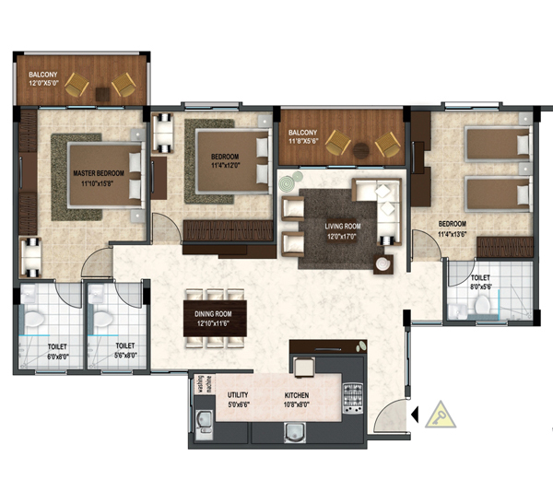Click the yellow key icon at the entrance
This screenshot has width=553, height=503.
(x=441, y=415)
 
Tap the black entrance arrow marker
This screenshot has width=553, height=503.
(x=415, y=415)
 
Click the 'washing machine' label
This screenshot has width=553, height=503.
(x=205, y=384)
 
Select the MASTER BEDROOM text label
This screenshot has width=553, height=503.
(x=99, y=173)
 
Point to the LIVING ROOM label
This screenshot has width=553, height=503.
(x=343, y=226)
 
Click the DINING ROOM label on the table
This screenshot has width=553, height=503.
(x=213, y=314)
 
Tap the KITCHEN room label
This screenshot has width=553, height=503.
(x=297, y=395)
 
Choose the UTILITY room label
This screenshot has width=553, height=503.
(x=238, y=395)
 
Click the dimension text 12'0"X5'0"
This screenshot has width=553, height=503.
(x=43, y=83)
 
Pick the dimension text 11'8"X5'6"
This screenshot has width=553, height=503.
(x=303, y=141)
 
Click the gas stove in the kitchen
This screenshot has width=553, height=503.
(x=353, y=398)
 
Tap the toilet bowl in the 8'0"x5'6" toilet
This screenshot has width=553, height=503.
(x=482, y=304)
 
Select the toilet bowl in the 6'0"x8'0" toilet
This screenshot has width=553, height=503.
(x=34, y=319)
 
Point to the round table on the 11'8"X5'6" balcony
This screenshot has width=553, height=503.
(x=361, y=150)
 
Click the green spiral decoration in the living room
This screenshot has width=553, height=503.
(x=286, y=183)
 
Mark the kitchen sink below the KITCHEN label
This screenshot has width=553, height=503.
(x=295, y=432)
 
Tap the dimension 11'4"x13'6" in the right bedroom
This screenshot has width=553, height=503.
(x=453, y=234)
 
